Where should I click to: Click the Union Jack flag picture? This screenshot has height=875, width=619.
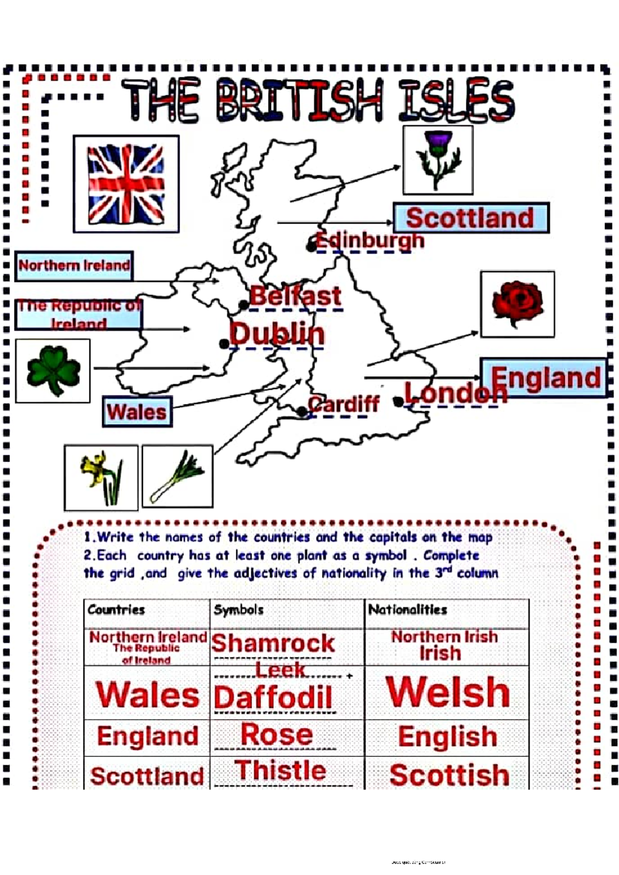coord(126,184)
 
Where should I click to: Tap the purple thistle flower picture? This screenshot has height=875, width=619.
coord(438,160)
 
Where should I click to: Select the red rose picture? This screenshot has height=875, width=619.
coord(517,304)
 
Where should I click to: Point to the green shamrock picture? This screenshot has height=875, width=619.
coord(53,371)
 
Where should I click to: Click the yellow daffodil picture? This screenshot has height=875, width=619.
coord(101,478)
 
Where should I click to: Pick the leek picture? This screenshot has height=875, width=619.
coord(177,477)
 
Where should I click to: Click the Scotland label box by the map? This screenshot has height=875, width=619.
coord(471,218)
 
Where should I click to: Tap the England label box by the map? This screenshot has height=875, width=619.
coord(544,378)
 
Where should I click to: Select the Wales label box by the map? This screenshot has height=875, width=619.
coord(137,412)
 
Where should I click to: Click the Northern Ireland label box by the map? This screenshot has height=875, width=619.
coord(74,266)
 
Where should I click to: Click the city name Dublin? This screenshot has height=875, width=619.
coord(278,334)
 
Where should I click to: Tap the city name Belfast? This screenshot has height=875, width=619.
coord(296,296)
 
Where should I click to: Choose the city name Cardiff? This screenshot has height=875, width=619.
coord(344,404)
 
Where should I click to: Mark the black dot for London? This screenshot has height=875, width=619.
coord(398,401)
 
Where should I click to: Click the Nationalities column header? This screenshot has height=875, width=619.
coord(408,610)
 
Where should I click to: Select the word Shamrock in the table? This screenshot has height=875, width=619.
coord(273,643)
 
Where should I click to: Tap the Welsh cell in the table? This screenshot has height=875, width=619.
coord(448,692)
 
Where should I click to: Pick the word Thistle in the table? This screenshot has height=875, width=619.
coord(281,770)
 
